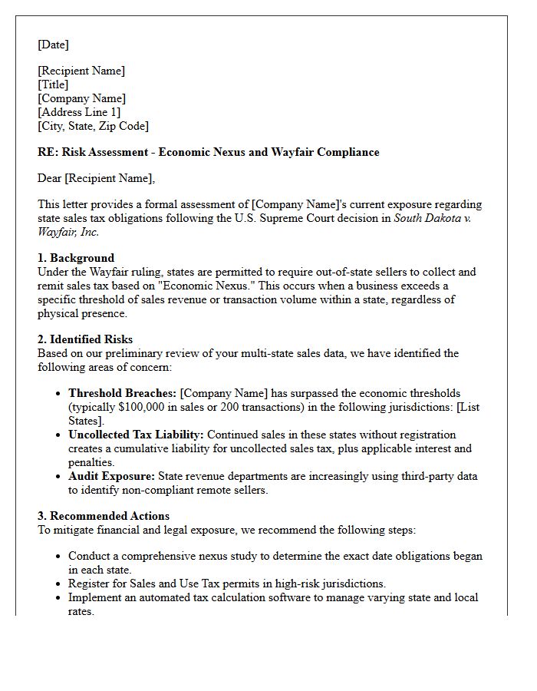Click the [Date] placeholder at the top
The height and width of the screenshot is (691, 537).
click(53, 45)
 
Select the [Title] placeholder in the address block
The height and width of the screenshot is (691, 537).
click(53, 84)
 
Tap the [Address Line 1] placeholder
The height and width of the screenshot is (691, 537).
click(79, 112)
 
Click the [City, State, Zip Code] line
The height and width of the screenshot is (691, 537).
click(93, 126)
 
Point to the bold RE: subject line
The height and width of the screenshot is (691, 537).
click(208, 152)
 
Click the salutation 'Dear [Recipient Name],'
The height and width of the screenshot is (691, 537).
click(96, 178)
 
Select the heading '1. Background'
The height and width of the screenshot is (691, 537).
click(76, 258)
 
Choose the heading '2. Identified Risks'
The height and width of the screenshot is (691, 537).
click(85, 339)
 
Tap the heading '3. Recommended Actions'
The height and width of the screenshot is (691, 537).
click(104, 516)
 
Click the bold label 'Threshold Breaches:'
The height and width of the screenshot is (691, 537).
click(122, 393)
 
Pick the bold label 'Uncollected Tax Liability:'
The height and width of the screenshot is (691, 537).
click(136, 435)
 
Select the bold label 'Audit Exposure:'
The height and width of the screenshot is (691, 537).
click(111, 476)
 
